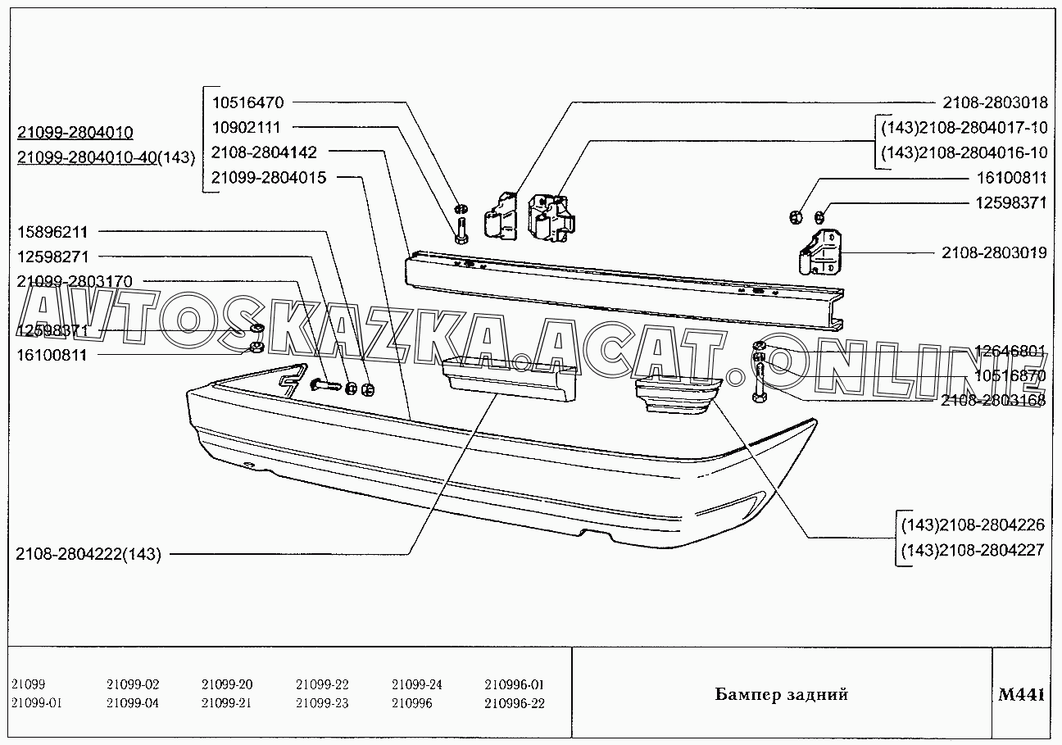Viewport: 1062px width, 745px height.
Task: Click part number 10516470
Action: click(x=247, y=103)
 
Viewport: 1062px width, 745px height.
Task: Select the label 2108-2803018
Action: click(x=994, y=103)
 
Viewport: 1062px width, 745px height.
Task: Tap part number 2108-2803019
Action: click(x=994, y=253)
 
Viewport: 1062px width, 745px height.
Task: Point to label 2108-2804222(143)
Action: click(x=88, y=554)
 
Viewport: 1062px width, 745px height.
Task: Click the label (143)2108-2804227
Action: click(x=972, y=550)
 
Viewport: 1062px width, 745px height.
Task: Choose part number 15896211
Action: click(x=52, y=232)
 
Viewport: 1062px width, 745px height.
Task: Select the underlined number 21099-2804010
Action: click(x=75, y=133)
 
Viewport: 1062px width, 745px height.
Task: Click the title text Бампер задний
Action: click(x=781, y=695)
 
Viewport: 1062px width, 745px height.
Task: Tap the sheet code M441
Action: click(x=1021, y=695)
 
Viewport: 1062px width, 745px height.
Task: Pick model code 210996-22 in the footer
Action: click(x=514, y=703)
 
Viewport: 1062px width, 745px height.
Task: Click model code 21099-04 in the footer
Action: click(x=133, y=703)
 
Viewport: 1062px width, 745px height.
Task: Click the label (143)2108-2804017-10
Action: click(x=964, y=129)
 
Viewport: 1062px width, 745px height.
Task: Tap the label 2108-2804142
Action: click(x=264, y=152)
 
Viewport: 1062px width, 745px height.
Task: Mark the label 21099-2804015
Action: click(x=269, y=177)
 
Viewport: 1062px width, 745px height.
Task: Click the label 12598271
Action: click(x=52, y=257)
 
